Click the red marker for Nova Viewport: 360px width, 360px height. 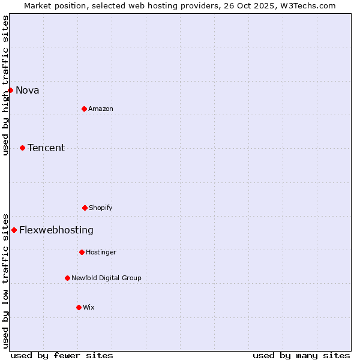pos(10,90)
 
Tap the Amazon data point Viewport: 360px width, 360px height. pos(84,109)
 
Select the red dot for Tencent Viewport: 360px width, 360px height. pos(22,148)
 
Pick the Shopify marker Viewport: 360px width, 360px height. pos(85,208)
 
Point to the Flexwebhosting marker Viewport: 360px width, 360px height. pos(14,230)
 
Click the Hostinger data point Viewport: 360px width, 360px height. pos(82,252)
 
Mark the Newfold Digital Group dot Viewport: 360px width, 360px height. pos(67,278)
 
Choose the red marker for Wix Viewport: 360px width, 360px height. pos(79,307)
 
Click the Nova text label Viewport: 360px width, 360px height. pos(28,91)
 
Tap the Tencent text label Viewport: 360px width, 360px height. pos(46,148)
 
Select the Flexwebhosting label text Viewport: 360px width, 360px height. pos(56,230)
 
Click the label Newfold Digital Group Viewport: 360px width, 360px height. pos(106,278)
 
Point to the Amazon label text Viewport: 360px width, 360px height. pos(101,109)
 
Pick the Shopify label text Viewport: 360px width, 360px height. pos(101,208)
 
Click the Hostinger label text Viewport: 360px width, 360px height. pos(101,253)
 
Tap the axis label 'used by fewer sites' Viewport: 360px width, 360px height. pos(62,355)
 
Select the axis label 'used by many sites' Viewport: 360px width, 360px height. pos(301,355)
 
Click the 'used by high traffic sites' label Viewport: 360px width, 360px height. pos(6,85)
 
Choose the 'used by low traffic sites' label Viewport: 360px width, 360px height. pos(6,280)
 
